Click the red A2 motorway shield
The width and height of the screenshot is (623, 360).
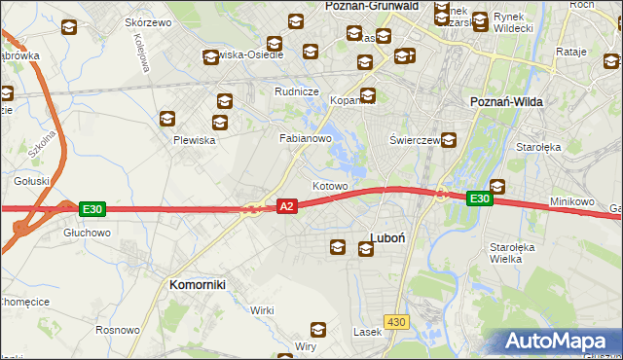tap(286, 207)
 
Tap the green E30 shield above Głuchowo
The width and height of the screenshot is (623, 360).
tap(92, 208)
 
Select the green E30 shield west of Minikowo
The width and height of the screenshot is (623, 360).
tap(478, 198)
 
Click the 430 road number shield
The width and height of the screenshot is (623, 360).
tap(395, 321)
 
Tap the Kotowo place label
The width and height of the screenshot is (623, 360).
tap(330, 186)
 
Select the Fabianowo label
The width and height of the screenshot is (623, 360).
tap(307, 139)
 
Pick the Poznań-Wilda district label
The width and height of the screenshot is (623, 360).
tap(506, 102)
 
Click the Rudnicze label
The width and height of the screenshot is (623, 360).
tap(297, 92)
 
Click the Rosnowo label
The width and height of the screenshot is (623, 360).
tap(118, 329)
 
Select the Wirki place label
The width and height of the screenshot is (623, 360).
tap(262, 310)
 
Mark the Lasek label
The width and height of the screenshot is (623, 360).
tap(367, 332)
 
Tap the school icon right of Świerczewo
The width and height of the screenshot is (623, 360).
tap(449, 139)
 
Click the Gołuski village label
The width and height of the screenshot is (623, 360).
tap(32, 181)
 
